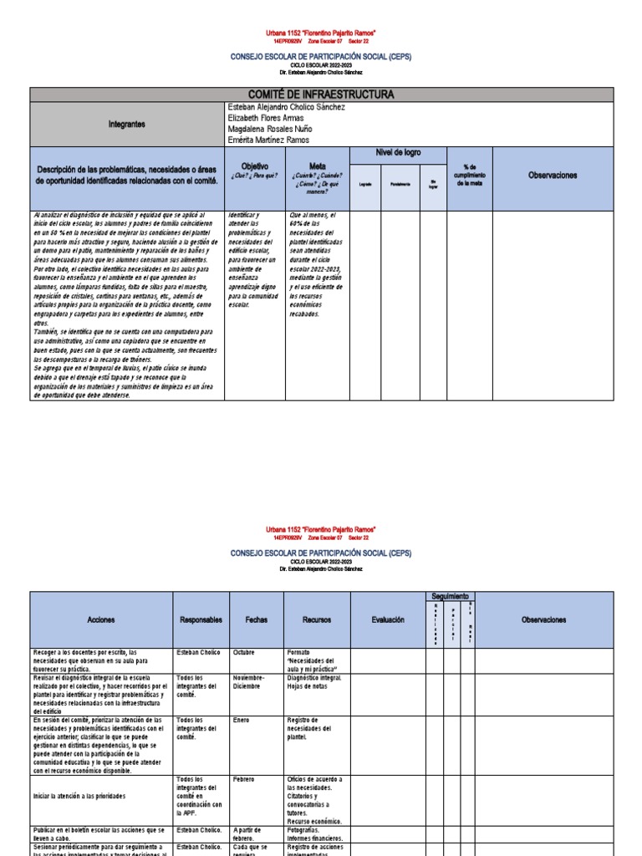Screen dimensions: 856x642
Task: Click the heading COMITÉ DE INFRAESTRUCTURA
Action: pos(321,94)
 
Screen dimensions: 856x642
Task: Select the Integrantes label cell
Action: pos(126,124)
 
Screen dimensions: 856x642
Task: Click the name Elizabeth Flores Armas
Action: pos(266,118)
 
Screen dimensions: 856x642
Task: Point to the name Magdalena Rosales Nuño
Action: pos(272,129)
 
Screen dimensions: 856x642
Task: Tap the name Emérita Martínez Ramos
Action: pos(268,140)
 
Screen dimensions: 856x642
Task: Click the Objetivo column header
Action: pos(255,166)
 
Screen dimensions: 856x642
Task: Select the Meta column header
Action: pos(318,166)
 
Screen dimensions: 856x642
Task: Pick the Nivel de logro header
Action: pos(398,153)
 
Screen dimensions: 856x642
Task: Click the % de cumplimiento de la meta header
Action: pos(469,176)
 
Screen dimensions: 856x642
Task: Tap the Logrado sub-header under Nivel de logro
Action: pos(364,184)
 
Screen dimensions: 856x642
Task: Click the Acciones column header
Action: pos(100,619)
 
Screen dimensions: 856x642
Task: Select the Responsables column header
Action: pos(201,619)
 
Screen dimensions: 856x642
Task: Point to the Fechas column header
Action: pos(257,619)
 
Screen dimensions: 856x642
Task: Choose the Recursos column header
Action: pos(317,619)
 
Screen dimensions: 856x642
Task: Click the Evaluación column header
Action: pos(387,619)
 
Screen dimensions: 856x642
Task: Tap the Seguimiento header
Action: pos(451,594)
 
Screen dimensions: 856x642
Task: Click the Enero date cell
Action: pos(242,719)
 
